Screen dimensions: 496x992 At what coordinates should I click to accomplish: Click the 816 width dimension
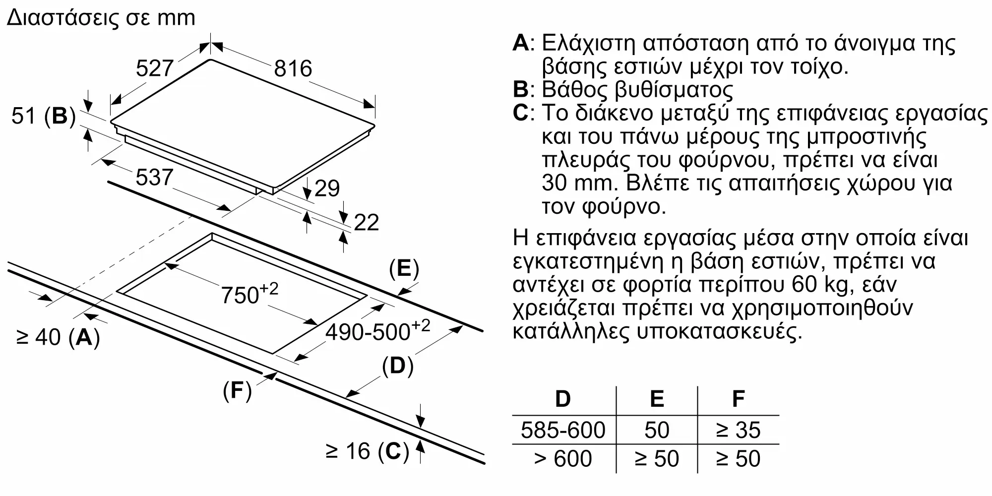[293, 68]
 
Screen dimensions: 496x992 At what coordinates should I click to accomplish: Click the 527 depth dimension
[155, 68]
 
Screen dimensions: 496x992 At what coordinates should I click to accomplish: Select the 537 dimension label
[154, 178]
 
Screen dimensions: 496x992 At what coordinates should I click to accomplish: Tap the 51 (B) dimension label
[43, 116]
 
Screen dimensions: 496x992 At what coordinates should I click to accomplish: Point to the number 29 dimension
[327, 188]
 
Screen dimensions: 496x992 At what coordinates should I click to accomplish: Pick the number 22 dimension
[367, 222]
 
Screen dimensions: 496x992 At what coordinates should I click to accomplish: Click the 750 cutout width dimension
[249, 294]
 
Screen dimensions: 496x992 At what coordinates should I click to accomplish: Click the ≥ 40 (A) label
[58, 337]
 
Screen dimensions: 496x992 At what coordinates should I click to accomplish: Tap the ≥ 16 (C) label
[367, 451]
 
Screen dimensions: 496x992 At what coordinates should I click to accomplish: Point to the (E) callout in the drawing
[404, 268]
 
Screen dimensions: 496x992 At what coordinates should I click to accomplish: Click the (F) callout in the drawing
[237, 391]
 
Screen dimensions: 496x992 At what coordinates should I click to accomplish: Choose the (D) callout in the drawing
[398, 366]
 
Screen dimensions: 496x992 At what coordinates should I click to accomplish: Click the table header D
[563, 399]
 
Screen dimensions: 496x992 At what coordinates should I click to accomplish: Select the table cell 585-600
[563, 430]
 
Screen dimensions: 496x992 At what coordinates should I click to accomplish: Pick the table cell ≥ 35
[738, 430]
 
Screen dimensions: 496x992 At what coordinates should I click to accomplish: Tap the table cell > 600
[563, 459]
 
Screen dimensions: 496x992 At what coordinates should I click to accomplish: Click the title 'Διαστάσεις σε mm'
[101, 18]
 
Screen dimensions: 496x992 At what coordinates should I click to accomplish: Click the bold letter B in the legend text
[521, 90]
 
